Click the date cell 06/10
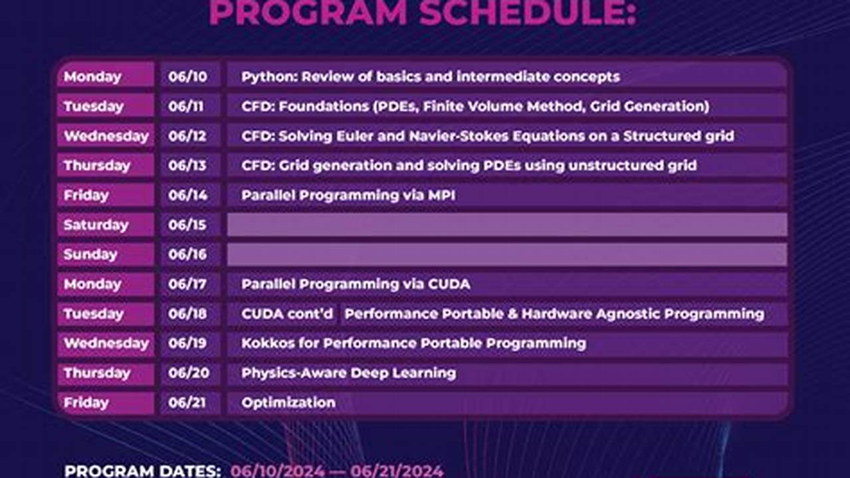[187, 77]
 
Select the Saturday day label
[96, 225]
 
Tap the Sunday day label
[90, 254]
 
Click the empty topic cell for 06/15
[507, 225]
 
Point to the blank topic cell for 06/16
[507, 254]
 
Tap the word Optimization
[288, 402]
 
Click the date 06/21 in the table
[187, 402]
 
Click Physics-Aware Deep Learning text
[349, 373]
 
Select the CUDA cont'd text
[287, 314]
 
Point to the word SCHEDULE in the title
[528, 13]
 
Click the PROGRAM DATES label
[142, 471]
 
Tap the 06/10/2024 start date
[277, 471]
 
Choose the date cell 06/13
[187, 166]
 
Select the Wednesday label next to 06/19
[106, 343]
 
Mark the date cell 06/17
[187, 284]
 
